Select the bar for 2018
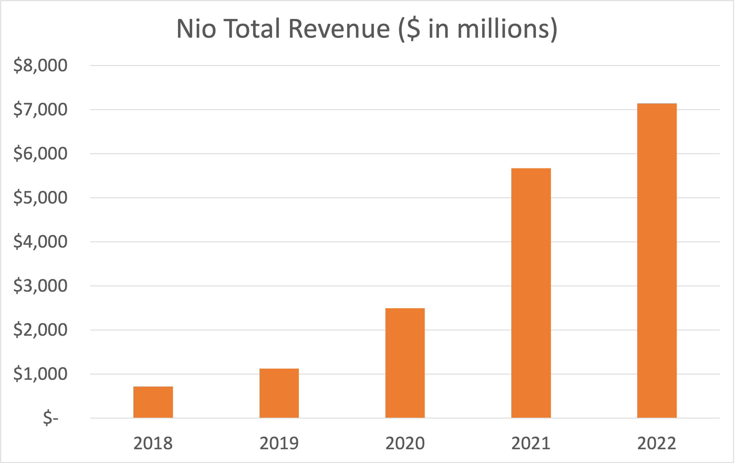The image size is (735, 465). coord(153,402)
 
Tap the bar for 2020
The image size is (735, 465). coord(405,363)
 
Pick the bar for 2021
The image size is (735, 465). coord(531,293)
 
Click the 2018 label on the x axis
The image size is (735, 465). coord(153,443)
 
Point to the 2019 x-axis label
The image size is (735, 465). coord(279,443)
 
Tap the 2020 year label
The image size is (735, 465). coord(405,443)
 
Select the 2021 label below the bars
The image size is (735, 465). coord(531,443)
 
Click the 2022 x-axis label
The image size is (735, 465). coord(657,443)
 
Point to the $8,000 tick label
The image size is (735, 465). coord(40,65)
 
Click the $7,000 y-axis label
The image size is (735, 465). coord(40,110)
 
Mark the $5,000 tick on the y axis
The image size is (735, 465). coord(40,198)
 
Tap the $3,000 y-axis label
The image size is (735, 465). coord(40,286)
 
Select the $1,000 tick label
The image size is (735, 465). coord(40,374)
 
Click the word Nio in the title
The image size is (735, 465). coord(196,29)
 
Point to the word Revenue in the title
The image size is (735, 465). coord(339,29)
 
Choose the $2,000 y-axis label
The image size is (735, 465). coord(40,330)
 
